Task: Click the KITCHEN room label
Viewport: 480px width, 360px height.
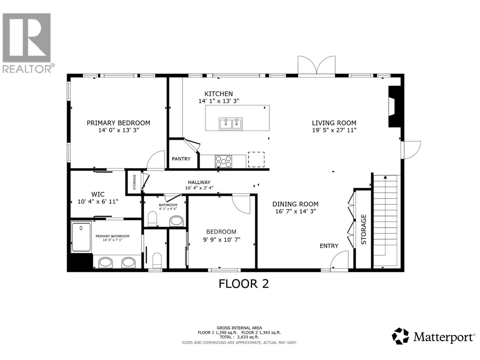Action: pyautogui.click(x=218, y=94)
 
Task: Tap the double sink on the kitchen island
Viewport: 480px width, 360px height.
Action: pyautogui.click(x=230, y=124)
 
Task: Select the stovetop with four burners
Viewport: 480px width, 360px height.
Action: pyautogui.click(x=223, y=161)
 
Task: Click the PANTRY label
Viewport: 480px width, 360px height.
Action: pyautogui.click(x=181, y=159)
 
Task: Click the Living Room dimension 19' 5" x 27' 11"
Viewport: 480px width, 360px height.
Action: pyautogui.click(x=334, y=130)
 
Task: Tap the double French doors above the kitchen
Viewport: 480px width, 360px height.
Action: pyautogui.click(x=316, y=65)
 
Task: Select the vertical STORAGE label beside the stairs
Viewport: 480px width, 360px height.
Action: pyautogui.click(x=364, y=229)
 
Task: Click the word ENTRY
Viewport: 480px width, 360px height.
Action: pyautogui.click(x=329, y=246)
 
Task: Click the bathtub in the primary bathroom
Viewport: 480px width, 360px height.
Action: pyautogui.click(x=81, y=236)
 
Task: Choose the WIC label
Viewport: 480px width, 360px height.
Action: pyautogui.click(x=98, y=194)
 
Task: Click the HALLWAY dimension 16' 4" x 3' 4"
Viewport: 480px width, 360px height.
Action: pyautogui.click(x=199, y=188)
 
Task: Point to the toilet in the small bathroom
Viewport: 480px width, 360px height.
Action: pyautogui.click(x=152, y=219)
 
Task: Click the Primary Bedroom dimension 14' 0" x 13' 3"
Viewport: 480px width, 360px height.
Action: pyautogui.click(x=118, y=130)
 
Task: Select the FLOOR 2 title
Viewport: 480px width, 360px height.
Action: pyautogui.click(x=243, y=284)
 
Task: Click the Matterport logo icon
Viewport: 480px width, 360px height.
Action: pyautogui.click(x=400, y=336)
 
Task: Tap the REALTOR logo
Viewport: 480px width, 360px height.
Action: pyautogui.click(x=27, y=42)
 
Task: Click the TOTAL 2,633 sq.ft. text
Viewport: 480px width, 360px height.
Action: pyautogui.click(x=239, y=337)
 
